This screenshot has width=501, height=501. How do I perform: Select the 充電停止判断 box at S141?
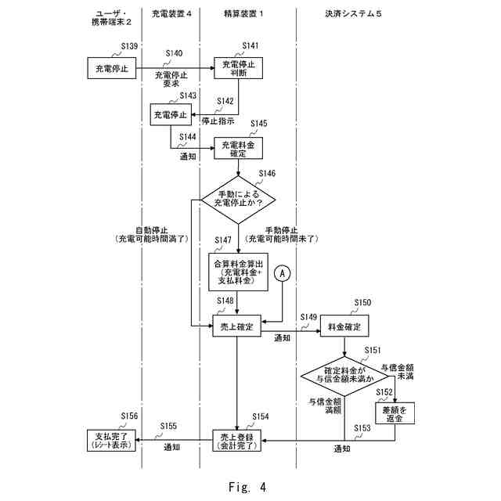pyautogui.click(x=237, y=68)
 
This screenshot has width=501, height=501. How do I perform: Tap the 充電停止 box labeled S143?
pyautogui.click(x=171, y=115)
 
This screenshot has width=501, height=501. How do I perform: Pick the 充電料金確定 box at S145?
pyautogui.click(x=237, y=149)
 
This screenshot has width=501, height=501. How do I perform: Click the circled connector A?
pyautogui.click(x=282, y=273)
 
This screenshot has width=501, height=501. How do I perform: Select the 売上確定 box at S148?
pyautogui.click(x=237, y=327)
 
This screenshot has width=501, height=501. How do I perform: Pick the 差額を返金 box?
pyautogui.click(x=394, y=414)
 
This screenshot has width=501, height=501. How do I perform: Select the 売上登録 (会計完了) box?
pyautogui.click(x=237, y=440)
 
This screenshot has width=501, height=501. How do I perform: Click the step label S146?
pyautogui.click(x=267, y=173)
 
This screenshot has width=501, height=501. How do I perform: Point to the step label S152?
pyautogui.click(x=384, y=391)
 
